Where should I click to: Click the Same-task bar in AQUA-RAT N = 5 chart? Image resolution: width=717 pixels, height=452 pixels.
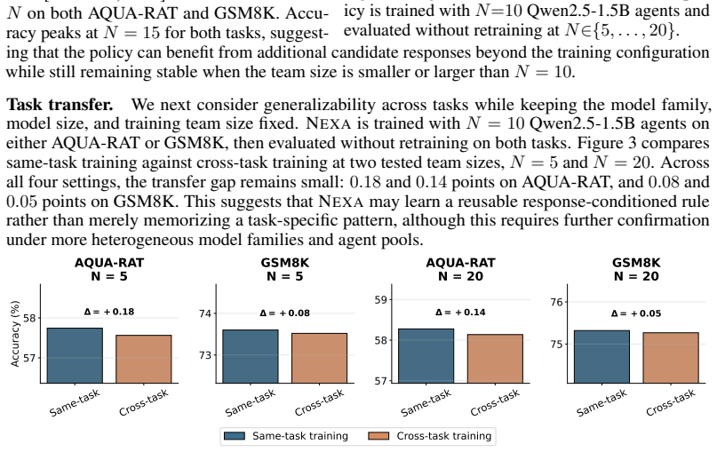pos(75,355)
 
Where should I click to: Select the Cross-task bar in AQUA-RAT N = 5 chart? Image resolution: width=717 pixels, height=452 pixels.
pos(144,360)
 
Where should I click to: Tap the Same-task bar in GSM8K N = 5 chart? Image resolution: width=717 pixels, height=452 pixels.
pos(251,356)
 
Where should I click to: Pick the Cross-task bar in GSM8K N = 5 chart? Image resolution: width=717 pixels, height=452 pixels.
pos(319,358)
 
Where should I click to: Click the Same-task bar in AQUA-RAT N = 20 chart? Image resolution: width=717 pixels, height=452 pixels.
pos(426,356)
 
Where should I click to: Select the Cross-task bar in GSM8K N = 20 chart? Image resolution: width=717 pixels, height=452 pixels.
pos(671,358)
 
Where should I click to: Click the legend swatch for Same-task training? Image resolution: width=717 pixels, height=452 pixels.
pos(235,436)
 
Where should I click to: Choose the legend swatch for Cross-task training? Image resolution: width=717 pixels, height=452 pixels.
pos(378,436)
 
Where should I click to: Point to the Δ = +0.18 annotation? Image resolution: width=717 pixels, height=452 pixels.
pos(109,312)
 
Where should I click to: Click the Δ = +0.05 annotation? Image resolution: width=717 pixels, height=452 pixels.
pos(636,313)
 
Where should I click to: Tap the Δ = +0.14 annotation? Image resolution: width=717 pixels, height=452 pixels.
pos(460,313)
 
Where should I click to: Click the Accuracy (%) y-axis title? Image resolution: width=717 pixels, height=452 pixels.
pos(15,334)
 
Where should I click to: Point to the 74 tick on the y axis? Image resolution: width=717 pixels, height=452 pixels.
pos(205,313)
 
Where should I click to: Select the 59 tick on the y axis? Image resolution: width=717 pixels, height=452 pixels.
pos(380,300)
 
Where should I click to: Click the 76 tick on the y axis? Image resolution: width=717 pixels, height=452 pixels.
pos(556,302)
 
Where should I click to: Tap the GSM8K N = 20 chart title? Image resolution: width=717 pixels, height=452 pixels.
pos(636,270)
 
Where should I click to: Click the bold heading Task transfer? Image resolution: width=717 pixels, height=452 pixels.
pos(60,105)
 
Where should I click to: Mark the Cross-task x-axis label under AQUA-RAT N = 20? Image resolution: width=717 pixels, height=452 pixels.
pos(495,402)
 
